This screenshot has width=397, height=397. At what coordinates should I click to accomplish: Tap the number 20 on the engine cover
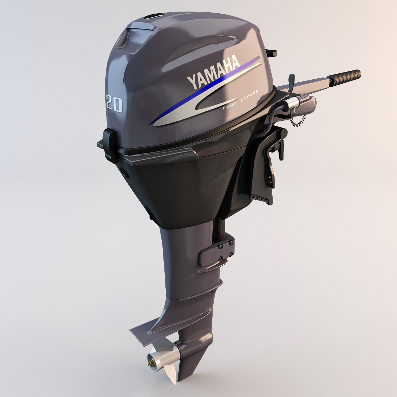tap(114, 103)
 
